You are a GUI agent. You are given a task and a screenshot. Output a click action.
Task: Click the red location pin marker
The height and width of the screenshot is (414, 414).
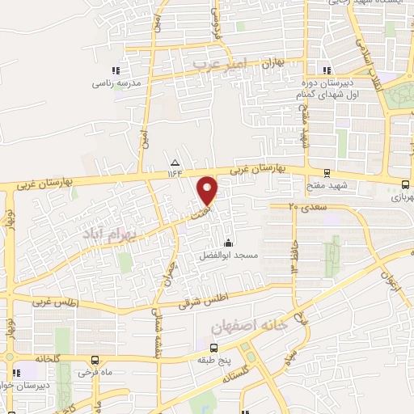click(208, 191)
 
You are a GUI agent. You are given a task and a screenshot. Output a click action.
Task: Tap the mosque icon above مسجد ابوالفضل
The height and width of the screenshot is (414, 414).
click(229, 243)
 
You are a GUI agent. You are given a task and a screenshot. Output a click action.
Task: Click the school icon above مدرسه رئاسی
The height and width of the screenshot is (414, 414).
click(116, 71)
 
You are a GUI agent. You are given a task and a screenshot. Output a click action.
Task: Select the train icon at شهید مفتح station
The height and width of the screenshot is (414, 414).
click(326, 172)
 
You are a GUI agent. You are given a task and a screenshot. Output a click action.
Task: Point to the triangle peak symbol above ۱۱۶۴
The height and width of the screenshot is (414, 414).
click(175, 161)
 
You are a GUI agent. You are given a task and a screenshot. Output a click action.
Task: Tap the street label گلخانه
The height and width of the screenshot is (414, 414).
click(49, 357)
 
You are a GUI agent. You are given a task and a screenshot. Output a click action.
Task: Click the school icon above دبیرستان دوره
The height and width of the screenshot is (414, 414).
click(327, 70)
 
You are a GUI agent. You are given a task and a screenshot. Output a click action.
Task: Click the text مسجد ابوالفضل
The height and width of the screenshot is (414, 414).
click(229, 256)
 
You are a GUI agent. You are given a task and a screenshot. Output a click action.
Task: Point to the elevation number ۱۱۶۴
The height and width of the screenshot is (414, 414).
click(175, 171)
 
